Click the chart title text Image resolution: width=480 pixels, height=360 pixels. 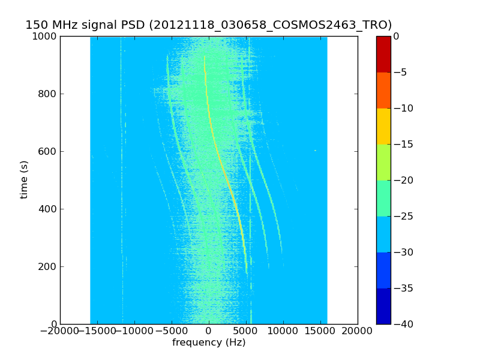pyautogui.click(x=208, y=25)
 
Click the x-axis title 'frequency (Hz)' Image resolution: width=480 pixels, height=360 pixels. pyautogui.click(x=209, y=343)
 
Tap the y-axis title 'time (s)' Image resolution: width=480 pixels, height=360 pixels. pyautogui.click(x=25, y=179)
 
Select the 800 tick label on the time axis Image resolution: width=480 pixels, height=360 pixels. pyautogui.click(x=49, y=94)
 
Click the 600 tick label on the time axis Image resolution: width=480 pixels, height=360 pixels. pyautogui.click(x=49, y=152)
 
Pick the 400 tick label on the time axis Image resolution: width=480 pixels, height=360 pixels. pyautogui.click(x=49, y=209)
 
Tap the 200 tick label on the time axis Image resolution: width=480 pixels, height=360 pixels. pyautogui.click(x=49, y=267)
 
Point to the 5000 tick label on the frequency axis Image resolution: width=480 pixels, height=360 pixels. pyautogui.click(x=246, y=331)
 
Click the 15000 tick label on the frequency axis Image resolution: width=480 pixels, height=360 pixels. pyautogui.click(x=320, y=331)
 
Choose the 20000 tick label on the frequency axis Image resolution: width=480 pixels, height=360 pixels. pyautogui.click(x=358, y=331)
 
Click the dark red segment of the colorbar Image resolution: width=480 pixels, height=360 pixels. pyautogui.click(x=383, y=54)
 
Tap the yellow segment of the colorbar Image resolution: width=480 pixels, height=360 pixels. pyautogui.click(x=383, y=126)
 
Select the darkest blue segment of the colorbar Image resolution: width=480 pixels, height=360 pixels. pyautogui.click(x=383, y=306)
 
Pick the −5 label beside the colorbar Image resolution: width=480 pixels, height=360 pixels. pyautogui.click(x=400, y=73)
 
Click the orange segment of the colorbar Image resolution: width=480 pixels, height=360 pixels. pyautogui.click(x=383, y=90)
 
